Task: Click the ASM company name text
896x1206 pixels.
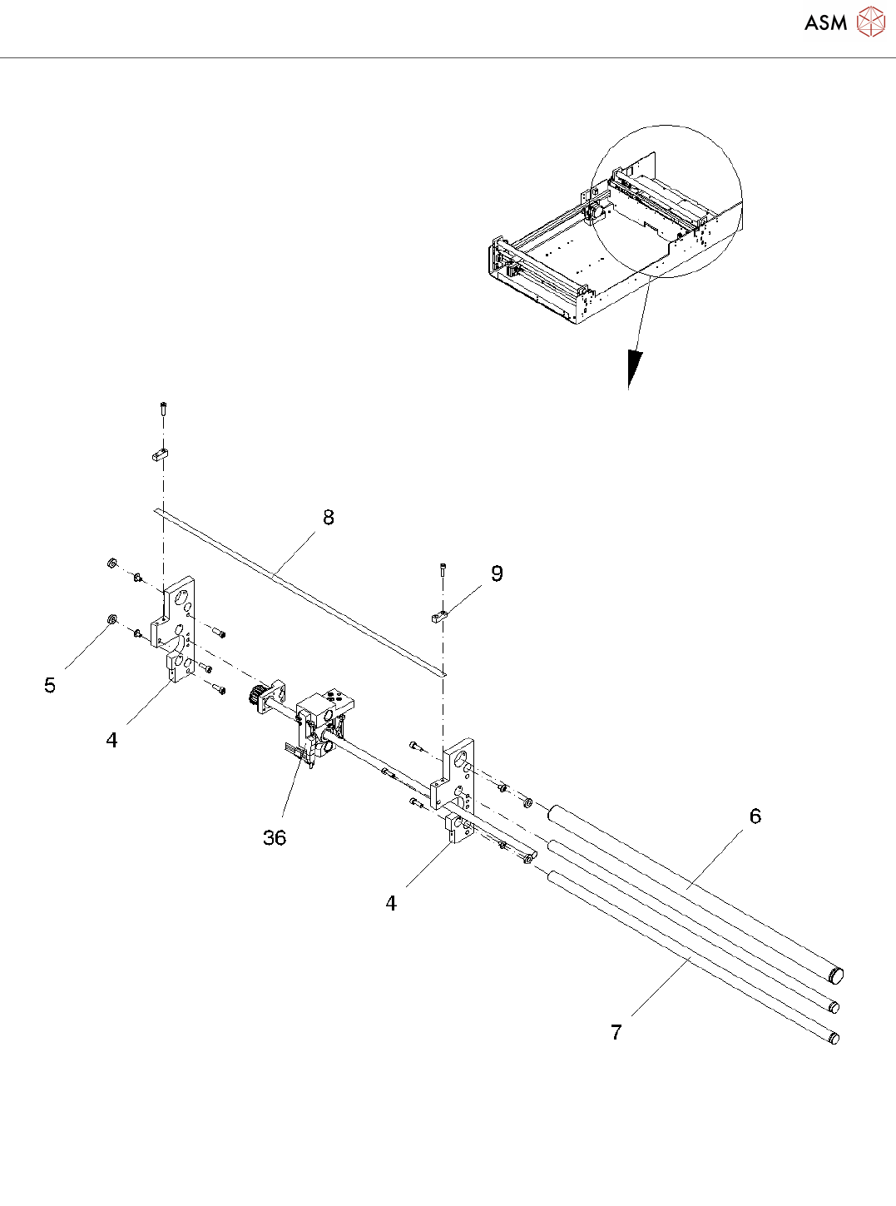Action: (x=825, y=23)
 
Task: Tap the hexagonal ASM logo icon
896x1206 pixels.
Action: (x=871, y=22)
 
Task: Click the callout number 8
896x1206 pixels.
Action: (x=329, y=518)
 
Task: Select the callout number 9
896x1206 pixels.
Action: (x=497, y=573)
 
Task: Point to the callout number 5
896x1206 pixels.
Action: (x=50, y=685)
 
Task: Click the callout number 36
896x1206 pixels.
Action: (x=275, y=838)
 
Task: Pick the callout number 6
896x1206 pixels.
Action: (x=755, y=816)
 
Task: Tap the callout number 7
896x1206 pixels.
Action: (x=616, y=1033)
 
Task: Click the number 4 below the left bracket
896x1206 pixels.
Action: (x=112, y=740)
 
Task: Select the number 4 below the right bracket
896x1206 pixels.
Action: (x=391, y=904)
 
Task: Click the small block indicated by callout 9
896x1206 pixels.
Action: (x=439, y=617)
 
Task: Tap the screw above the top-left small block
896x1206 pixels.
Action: (x=163, y=409)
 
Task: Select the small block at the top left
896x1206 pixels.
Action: (x=161, y=455)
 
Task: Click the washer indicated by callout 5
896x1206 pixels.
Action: (x=111, y=620)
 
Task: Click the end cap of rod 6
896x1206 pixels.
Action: (x=837, y=975)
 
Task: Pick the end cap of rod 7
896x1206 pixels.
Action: (x=834, y=1038)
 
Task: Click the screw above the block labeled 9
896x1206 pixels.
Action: (x=443, y=568)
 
